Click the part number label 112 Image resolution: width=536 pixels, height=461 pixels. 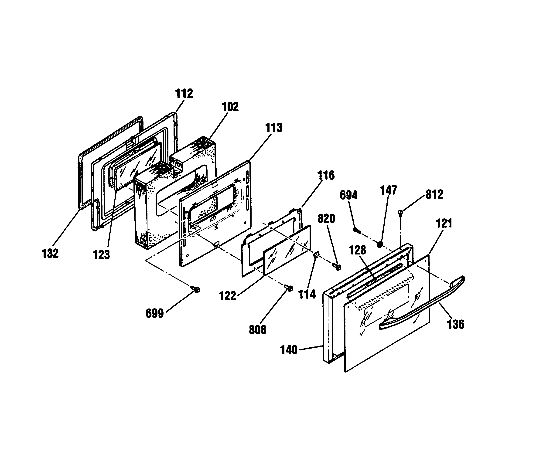click(184, 94)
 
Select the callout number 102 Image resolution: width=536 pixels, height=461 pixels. click(230, 107)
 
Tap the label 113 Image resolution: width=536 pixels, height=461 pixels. click(274, 128)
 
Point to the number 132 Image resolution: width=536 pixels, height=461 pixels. click(50, 253)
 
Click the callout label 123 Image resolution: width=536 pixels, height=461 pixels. click(101, 255)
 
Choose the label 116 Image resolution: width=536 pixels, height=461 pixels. click(326, 176)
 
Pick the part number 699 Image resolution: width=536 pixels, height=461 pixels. click(155, 314)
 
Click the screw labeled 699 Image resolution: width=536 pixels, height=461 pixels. click(195, 289)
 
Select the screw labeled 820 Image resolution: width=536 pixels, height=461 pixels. click(337, 267)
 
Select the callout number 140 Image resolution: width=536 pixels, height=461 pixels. click(289, 350)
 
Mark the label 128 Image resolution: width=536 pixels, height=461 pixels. click(358, 250)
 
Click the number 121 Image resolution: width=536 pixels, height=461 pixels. click(444, 223)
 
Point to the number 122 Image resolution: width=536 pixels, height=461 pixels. click(228, 296)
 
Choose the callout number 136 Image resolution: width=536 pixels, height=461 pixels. click(456, 324)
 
